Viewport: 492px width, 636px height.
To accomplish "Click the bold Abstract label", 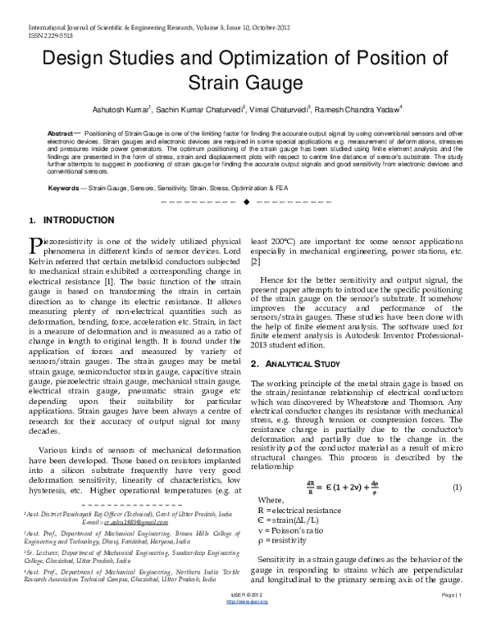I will (x=61, y=132).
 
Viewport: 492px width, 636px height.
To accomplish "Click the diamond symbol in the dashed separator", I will (x=246, y=201).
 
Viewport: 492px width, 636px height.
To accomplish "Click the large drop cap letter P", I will (x=34, y=245).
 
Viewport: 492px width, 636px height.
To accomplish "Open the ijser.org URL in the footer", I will (x=246, y=623).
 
